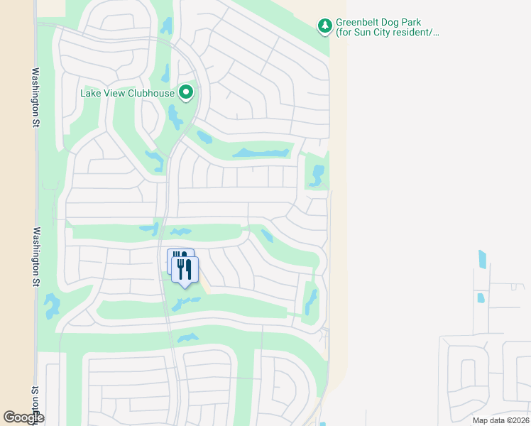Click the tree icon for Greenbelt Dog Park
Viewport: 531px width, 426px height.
(x=325, y=26)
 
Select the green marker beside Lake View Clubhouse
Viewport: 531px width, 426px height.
(x=186, y=92)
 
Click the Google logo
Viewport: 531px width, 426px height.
(x=23, y=417)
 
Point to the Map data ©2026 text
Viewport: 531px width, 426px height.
(x=500, y=420)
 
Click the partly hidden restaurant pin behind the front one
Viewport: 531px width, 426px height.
(x=175, y=258)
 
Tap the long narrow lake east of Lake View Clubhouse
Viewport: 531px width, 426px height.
(x=262, y=153)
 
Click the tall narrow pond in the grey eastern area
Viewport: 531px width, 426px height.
(x=483, y=259)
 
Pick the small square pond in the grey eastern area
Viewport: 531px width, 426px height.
(x=480, y=297)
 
